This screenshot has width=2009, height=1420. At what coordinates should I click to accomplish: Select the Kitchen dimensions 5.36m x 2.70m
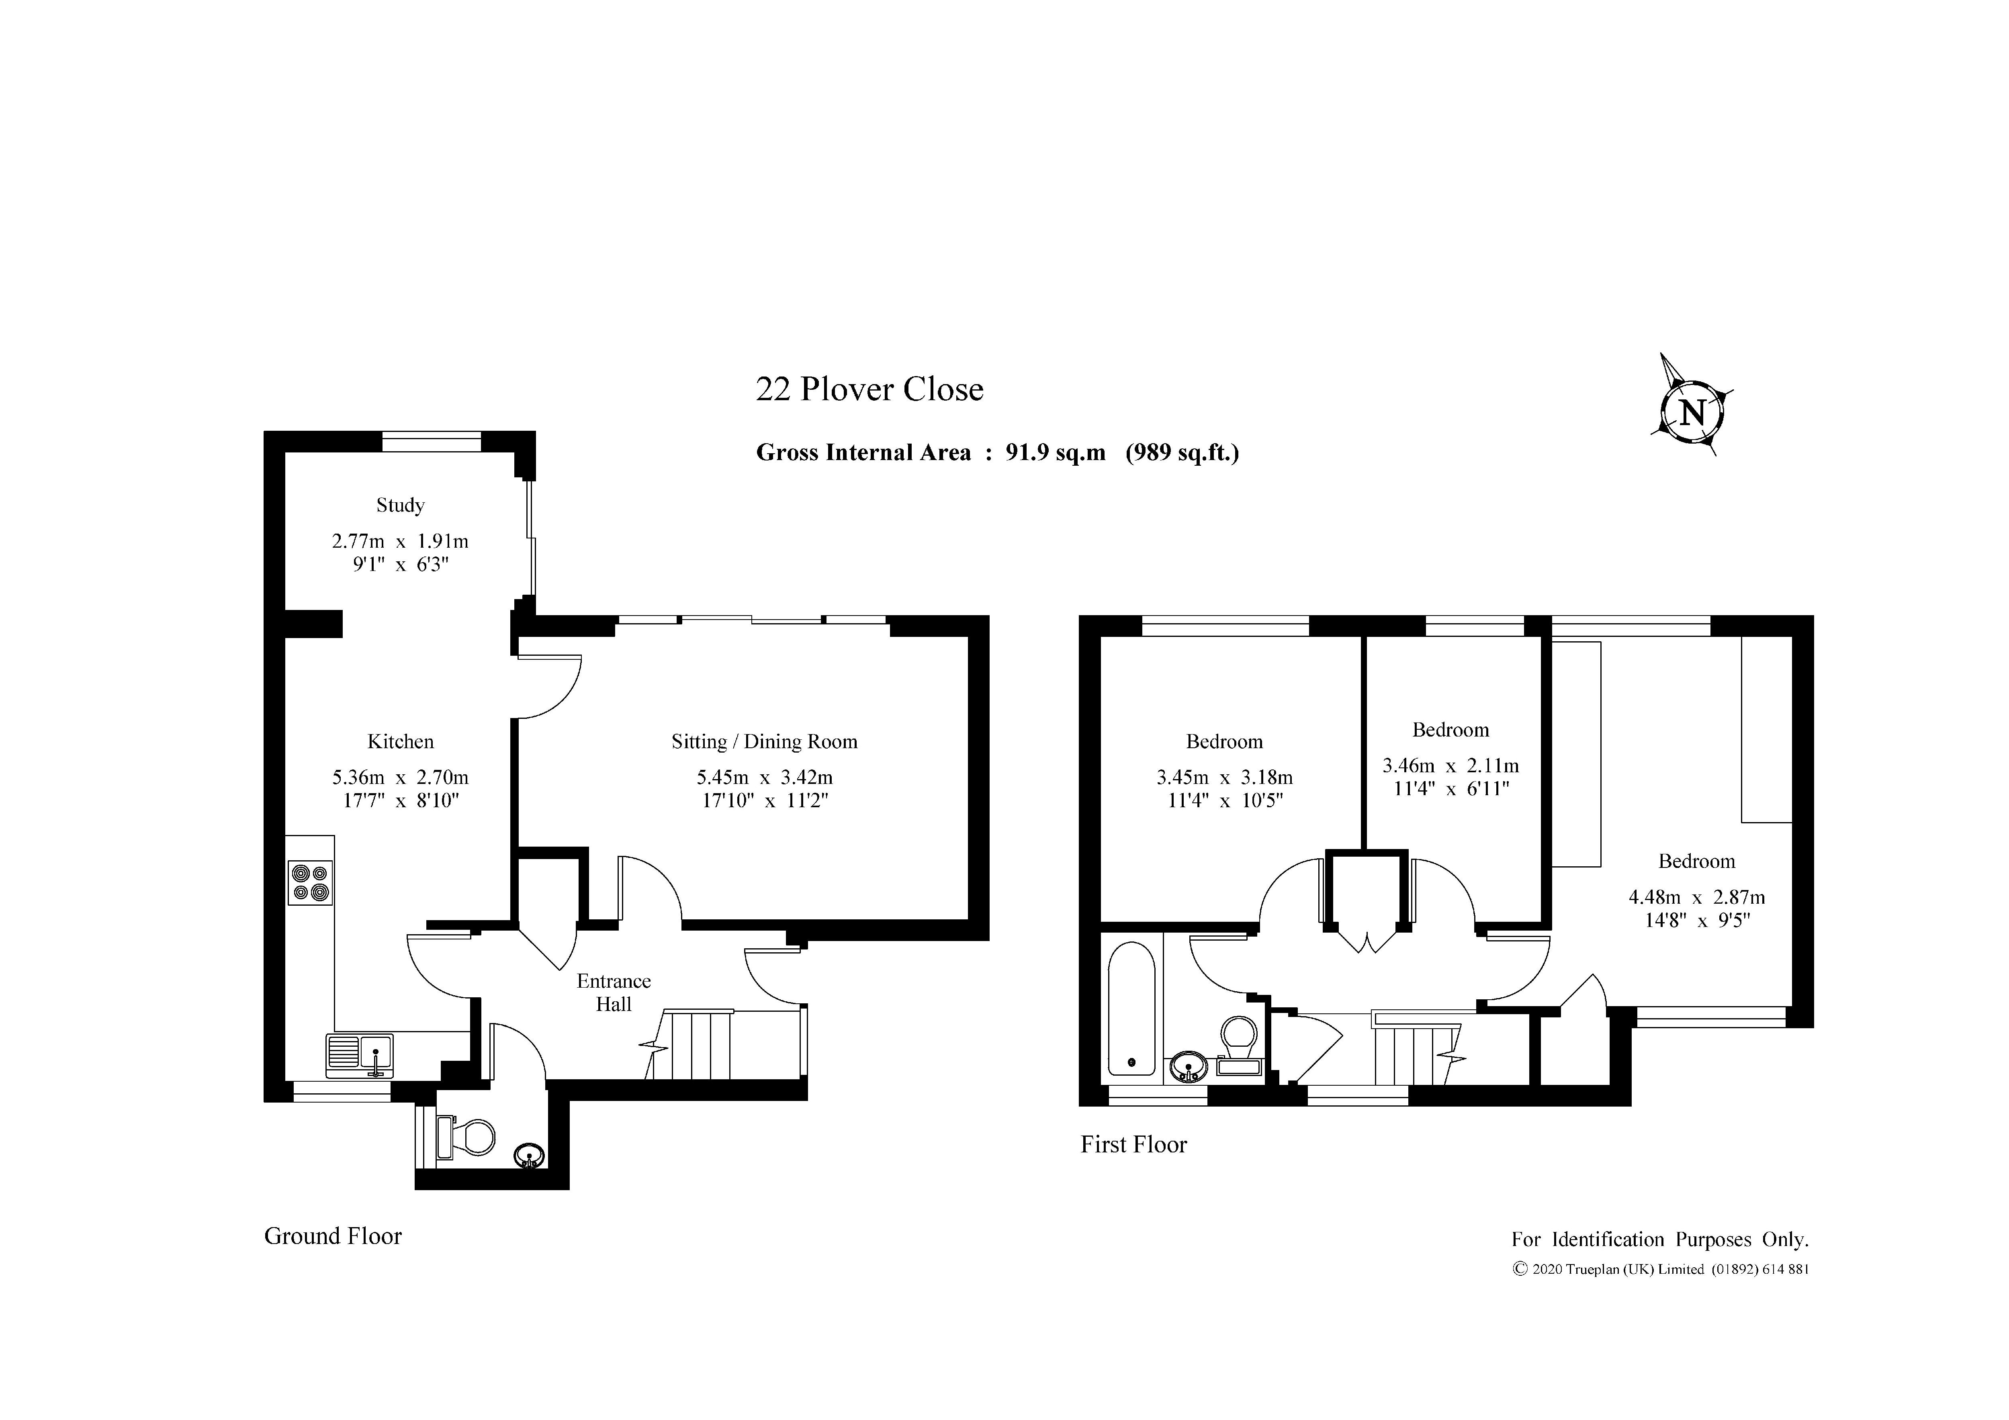point(400,777)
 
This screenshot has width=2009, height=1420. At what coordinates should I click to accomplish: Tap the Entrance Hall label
point(614,992)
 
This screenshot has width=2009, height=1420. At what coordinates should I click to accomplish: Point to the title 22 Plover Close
point(870,389)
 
